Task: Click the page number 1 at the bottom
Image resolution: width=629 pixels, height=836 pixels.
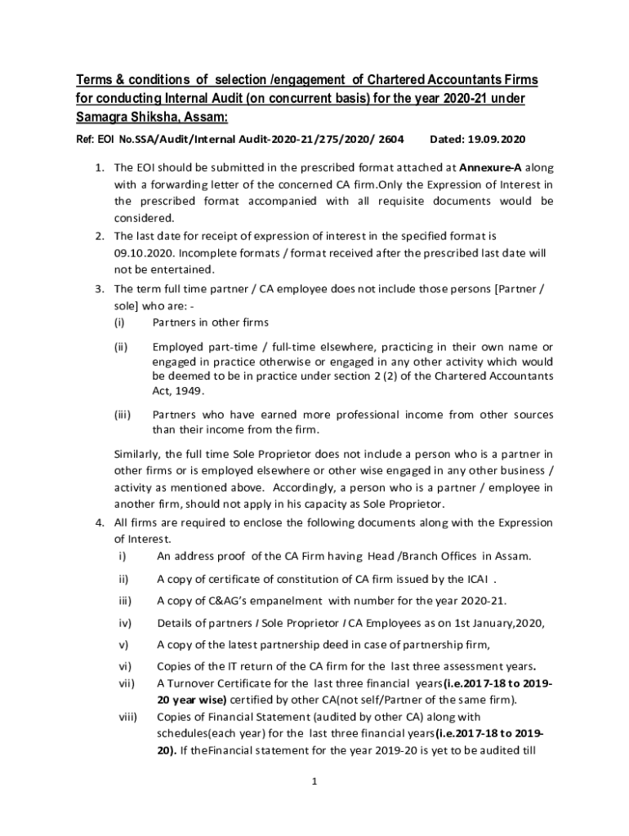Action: click(314, 781)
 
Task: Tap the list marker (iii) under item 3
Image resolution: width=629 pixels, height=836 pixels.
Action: click(123, 414)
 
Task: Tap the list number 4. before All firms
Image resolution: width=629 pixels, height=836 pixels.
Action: click(98, 522)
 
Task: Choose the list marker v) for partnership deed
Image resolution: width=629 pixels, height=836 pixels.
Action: click(123, 645)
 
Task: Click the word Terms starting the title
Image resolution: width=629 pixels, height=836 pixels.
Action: click(93, 80)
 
